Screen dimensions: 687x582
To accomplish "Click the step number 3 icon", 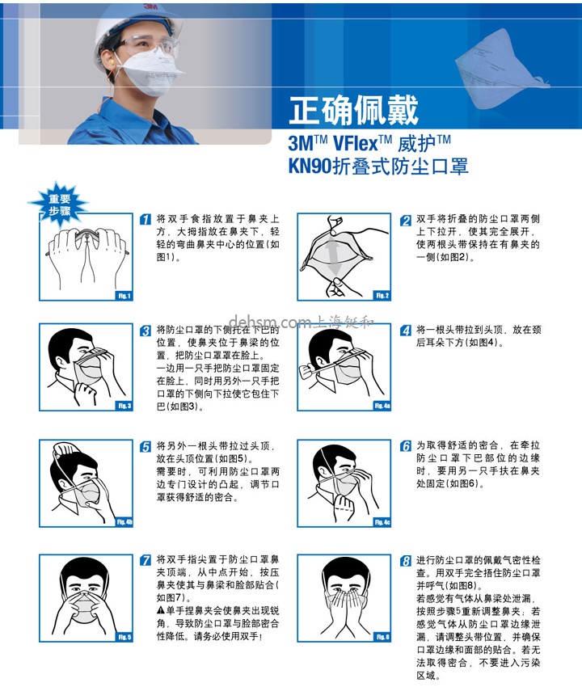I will tap(145, 331).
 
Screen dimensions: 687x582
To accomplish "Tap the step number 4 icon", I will tap(406, 331).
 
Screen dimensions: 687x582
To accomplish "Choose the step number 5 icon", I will tap(145, 446).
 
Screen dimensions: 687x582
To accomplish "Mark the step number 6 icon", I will tap(406, 446).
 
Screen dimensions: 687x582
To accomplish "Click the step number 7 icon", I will tap(145, 559).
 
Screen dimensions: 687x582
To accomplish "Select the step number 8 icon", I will tap(406, 559).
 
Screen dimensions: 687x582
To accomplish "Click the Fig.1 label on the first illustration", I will tap(123, 296).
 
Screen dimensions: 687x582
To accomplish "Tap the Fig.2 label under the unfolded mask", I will tap(382, 296).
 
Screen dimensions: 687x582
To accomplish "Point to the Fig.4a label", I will tap(382, 406).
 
